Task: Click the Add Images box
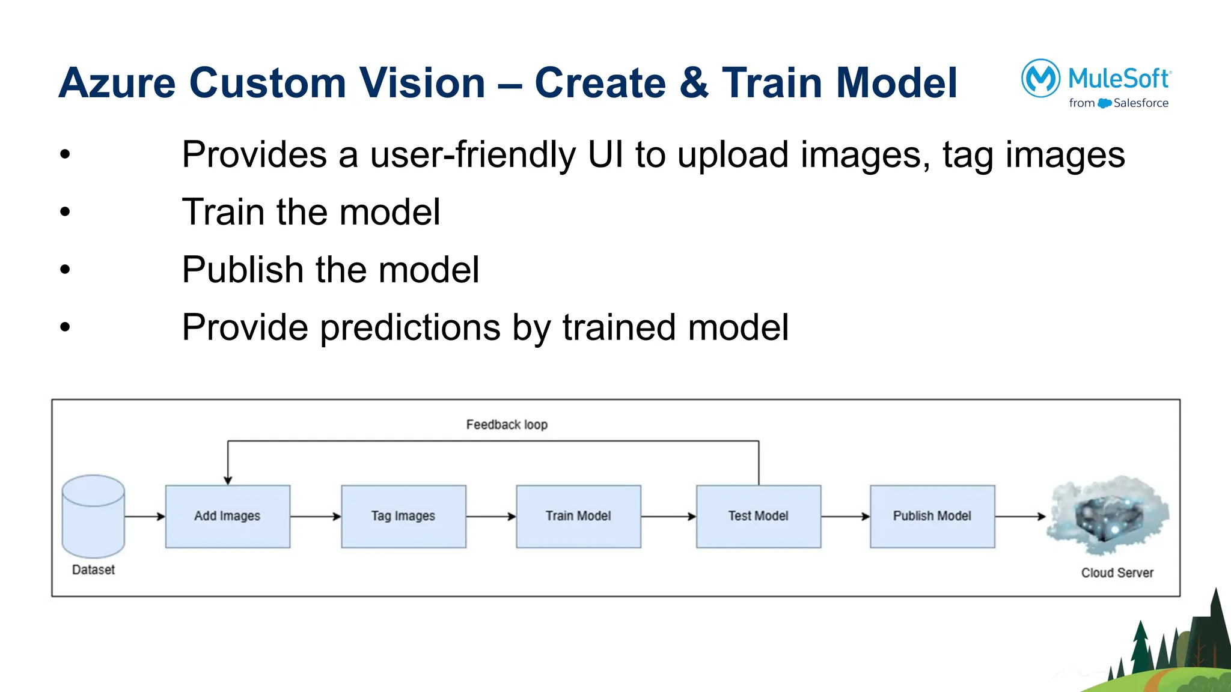(227, 516)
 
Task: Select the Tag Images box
(403, 516)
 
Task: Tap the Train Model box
(578, 516)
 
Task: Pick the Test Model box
(758, 516)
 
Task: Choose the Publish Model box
(932, 516)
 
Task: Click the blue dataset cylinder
(93, 517)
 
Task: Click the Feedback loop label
(507, 425)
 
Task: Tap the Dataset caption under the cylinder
(93, 569)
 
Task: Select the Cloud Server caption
(1117, 572)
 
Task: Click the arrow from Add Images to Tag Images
(315, 517)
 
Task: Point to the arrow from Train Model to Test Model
(668, 517)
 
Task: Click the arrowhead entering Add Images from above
(228, 480)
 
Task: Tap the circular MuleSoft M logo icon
(1040, 78)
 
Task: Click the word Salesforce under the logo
(1141, 103)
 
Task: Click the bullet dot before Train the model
(65, 211)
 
